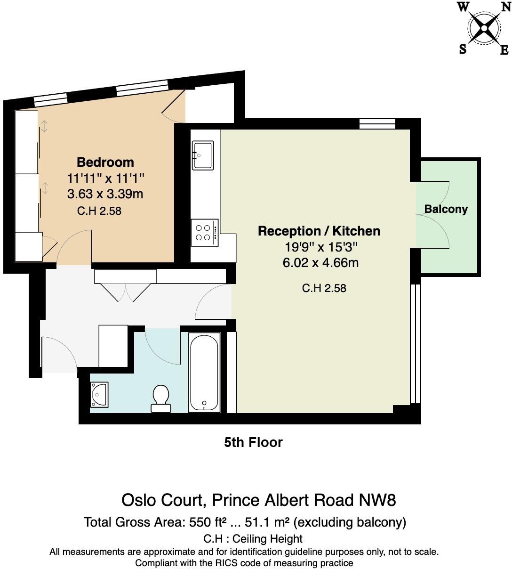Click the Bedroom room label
(105, 162)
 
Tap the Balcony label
(446, 209)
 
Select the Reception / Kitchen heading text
(319, 231)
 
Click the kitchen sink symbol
(203, 155)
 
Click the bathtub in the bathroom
(204, 372)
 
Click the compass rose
(484, 29)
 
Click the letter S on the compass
(463, 49)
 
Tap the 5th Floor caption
(253, 442)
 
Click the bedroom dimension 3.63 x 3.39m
(105, 194)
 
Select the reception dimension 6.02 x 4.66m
(320, 262)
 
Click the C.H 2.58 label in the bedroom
(99, 211)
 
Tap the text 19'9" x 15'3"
(319, 247)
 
